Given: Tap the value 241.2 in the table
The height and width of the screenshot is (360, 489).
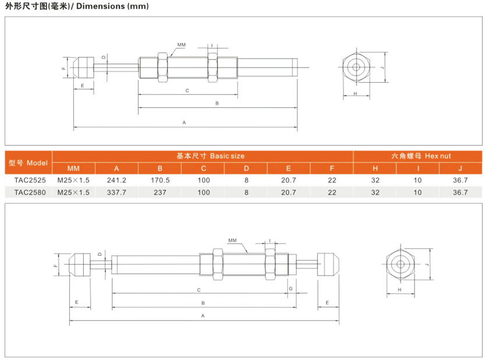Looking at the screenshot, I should [x=116, y=181].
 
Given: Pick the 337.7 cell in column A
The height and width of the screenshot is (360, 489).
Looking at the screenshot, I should [x=116, y=192].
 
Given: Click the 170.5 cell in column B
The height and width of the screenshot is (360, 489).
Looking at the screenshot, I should [x=160, y=181].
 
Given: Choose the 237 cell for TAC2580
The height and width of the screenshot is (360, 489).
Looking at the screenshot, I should [x=160, y=192].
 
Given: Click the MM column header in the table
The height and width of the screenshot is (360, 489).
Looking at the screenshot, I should [x=73, y=169].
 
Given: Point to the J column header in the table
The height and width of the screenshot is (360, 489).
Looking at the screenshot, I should [x=460, y=169].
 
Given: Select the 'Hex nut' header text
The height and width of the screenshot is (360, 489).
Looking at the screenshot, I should [x=438, y=156].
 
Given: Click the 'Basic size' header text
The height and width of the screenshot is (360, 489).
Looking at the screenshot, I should [x=227, y=156].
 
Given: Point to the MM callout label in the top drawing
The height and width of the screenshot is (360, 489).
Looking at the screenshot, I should [x=182, y=44].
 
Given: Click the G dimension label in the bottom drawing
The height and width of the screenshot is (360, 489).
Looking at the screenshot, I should [x=290, y=289].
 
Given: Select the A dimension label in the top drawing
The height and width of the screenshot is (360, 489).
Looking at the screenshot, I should [x=184, y=122].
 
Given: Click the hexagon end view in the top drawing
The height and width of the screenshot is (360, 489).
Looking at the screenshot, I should [x=355, y=67].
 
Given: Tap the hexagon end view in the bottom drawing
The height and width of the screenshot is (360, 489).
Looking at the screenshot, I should [x=400, y=264].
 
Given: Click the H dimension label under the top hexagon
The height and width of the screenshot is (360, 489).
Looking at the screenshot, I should [x=355, y=93].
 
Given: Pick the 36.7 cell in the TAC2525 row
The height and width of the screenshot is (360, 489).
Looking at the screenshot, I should [x=460, y=181].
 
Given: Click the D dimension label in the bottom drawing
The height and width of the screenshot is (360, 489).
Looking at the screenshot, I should [x=100, y=254].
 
